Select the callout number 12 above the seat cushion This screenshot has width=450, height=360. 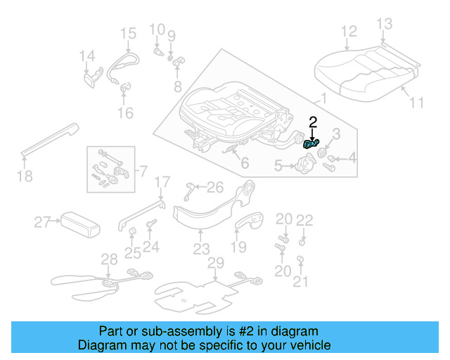pyautogui.click(x=349, y=31)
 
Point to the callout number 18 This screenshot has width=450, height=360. pyautogui.click(x=25, y=176)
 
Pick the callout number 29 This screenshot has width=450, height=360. pyautogui.click(x=215, y=263)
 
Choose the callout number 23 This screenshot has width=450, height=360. pyautogui.click(x=202, y=249)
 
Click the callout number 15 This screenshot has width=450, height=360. pyautogui.click(x=127, y=33)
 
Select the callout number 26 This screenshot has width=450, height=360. pyautogui.click(x=215, y=187)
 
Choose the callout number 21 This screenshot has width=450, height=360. pyautogui.click(x=300, y=282)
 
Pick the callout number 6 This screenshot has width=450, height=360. pyautogui.click(x=244, y=164)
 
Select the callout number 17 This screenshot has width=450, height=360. pyautogui.click(x=162, y=183)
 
